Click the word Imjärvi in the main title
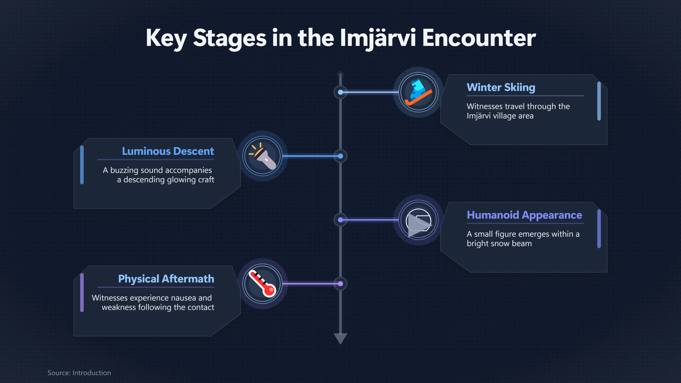coord(378,38)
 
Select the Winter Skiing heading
coord(501,87)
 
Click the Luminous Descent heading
coord(168,151)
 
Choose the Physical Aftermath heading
coord(166,279)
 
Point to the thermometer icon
coord(262,284)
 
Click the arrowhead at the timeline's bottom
coord(340,338)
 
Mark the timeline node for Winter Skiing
coord(340,92)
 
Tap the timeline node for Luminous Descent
coord(340,156)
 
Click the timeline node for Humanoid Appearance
coord(340,220)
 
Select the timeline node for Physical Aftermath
coord(340,284)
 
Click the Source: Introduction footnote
coord(79,373)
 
